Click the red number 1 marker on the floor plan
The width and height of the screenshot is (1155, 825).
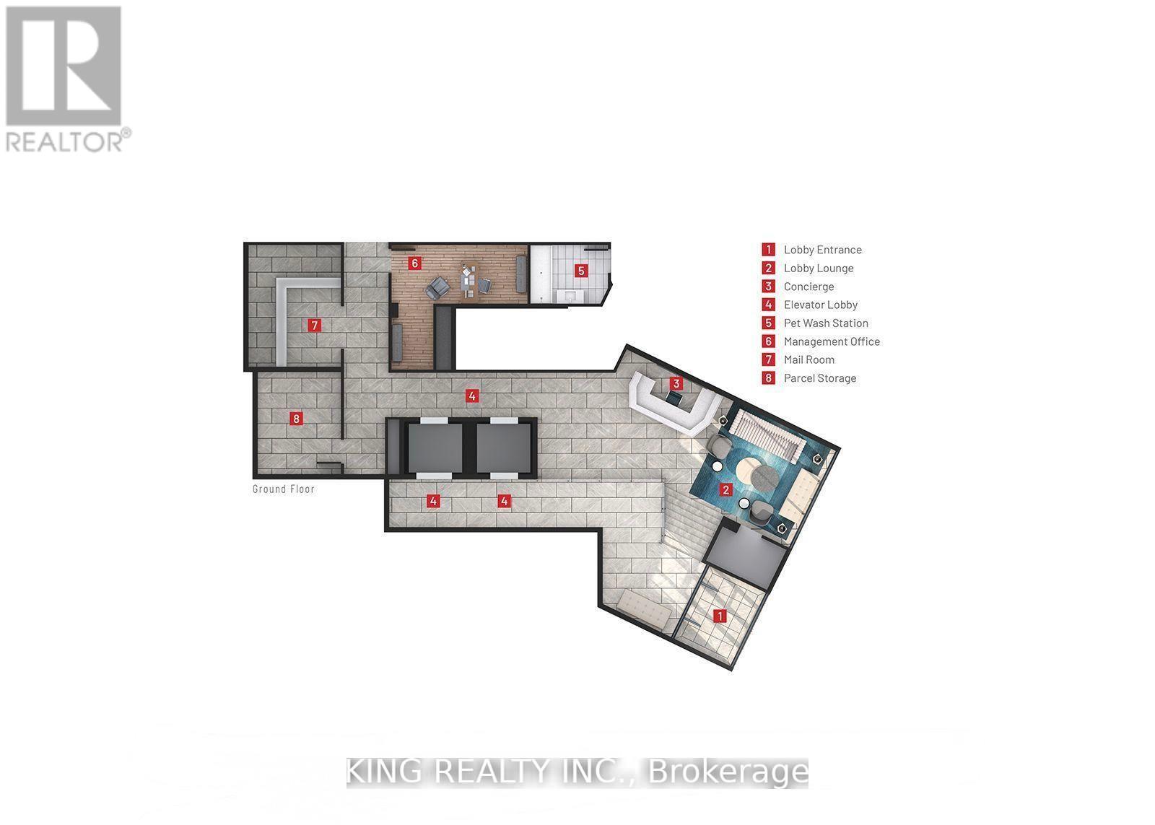click(719, 616)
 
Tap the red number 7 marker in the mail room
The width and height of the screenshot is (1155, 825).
click(314, 325)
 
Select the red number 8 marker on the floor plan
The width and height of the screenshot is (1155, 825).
click(295, 418)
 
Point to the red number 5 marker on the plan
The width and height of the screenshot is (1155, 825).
click(581, 271)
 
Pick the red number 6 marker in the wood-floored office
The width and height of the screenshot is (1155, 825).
click(414, 263)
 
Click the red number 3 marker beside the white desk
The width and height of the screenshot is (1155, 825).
click(676, 383)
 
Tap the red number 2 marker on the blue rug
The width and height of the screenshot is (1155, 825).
click(725, 489)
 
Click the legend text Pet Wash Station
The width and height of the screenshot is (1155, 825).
click(826, 323)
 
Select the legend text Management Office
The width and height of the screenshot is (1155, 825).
click(832, 341)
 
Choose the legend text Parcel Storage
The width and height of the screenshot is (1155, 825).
click(820, 377)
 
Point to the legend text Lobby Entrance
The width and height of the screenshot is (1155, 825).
click(822, 250)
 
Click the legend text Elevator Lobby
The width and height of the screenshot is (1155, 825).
click(820, 305)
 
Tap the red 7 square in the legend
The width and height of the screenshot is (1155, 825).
click(768, 359)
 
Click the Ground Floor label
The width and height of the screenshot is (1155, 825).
click(283, 489)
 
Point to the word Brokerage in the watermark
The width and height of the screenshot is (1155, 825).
click(729, 772)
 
